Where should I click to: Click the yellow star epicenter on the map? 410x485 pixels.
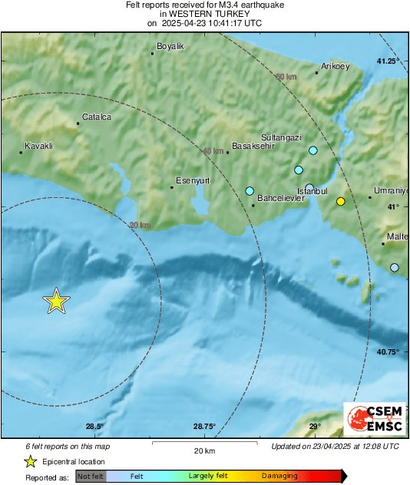(x=56, y=301)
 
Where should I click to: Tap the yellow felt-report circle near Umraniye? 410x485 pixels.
(x=341, y=201)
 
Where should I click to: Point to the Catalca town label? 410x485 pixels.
(x=97, y=117)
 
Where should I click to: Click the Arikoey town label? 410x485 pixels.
(x=335, y=67)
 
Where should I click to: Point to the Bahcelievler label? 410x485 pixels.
(x=280, y=198)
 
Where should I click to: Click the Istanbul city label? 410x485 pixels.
(x=313, y=190)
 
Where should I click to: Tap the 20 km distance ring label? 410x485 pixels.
(x=140, y=225)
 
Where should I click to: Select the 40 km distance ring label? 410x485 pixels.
(x=211, y=151)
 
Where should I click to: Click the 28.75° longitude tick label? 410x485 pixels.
(x=204, y=427)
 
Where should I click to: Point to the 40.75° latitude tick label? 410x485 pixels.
(x=389, y=351)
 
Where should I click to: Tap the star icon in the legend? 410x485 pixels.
(x=30, y=461)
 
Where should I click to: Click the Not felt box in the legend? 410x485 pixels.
(x=91, y=476)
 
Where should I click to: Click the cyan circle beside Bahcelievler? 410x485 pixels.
(x=250, y=190)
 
